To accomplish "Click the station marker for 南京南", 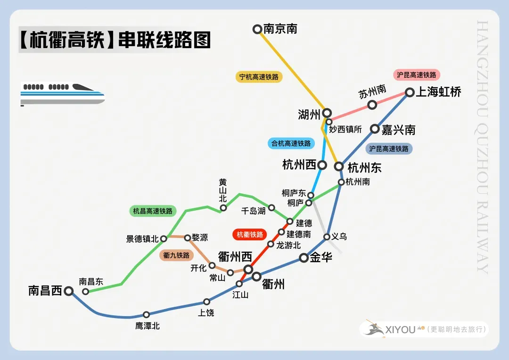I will pyautogui.click(x=257, y=29).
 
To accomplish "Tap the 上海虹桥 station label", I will pyautogui.click(x=438, y=92).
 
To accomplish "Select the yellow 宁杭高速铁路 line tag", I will pyautogui.click(x=259, y=77).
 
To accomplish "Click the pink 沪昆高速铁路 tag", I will pyautogui.click(x=416, y=75).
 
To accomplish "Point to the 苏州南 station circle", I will pyautogui.click(x=372, y=105).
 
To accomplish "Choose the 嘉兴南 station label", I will pyautogui.click(x=399, y=130).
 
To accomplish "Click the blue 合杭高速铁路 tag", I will pyautogui.click(x=291, y=143).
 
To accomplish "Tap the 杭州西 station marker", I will pyautogui.click(x=322, y=165).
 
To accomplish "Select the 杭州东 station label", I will pyautogui.click(x=364, y=167).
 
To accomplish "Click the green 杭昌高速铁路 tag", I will pyautogui.click(x=153, y=211).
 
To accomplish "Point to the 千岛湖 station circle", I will pyautogui.click(x=272, y=208).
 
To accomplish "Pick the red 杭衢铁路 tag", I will pyautogui.click(x=250, y=235).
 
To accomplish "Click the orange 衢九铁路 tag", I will pyautogui.click(x=176, y=255).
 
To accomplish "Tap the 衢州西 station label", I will pyautogui.click(x=235, y=257).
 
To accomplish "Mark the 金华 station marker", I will pyautogui.click(x=304, y=258).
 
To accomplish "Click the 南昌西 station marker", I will pyautogui.click(x=69, y=291).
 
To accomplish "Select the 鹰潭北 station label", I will pyautogui.click(x=148, y=326).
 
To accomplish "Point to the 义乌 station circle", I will pyautogui.click(x=327, y=237).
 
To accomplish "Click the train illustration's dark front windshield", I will pyautogui.click(x=82, y=88).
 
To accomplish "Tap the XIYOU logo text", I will pyautogui.click(x=401, y=329).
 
